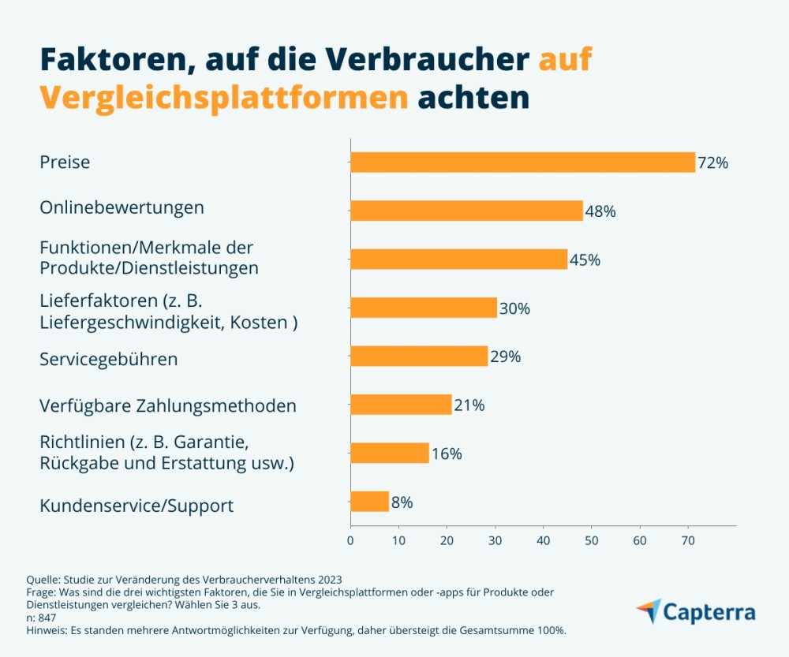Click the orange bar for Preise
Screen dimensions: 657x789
522,162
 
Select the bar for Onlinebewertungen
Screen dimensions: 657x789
466,211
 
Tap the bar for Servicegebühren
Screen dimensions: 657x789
419,356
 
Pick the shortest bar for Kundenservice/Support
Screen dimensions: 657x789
369,502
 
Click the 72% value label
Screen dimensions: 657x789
712,163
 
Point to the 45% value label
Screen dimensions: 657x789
585,259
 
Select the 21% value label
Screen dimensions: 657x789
469,405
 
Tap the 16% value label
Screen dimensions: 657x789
447,454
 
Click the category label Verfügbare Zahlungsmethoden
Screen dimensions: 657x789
168,406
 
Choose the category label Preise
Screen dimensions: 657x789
65,162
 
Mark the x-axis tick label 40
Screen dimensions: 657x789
543,541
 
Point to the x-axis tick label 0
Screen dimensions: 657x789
350,541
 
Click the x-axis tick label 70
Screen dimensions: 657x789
687,541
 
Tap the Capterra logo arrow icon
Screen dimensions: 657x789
648,610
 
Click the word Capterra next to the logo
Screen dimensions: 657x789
709,613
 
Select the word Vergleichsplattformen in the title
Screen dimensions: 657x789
224,99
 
